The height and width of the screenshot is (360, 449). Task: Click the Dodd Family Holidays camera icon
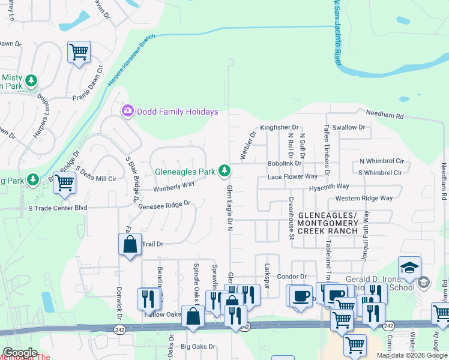coord(127,111)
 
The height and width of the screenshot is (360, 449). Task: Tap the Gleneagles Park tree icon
coord(224,172)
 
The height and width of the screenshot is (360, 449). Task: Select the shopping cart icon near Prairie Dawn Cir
coord(79,53)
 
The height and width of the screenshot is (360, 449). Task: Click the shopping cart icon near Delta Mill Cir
coord(64,183)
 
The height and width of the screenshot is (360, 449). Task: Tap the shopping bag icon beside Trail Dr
coord(130,244)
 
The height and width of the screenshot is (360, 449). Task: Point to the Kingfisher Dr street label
coord(279,128)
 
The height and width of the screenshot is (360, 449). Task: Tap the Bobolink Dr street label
coord(285,163)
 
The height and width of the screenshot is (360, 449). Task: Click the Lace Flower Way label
coord(292,177)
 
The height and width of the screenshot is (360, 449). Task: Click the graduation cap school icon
coord(409,268)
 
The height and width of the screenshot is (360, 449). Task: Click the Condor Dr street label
coord(292,276)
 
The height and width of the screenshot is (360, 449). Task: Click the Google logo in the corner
coord(20,353)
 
